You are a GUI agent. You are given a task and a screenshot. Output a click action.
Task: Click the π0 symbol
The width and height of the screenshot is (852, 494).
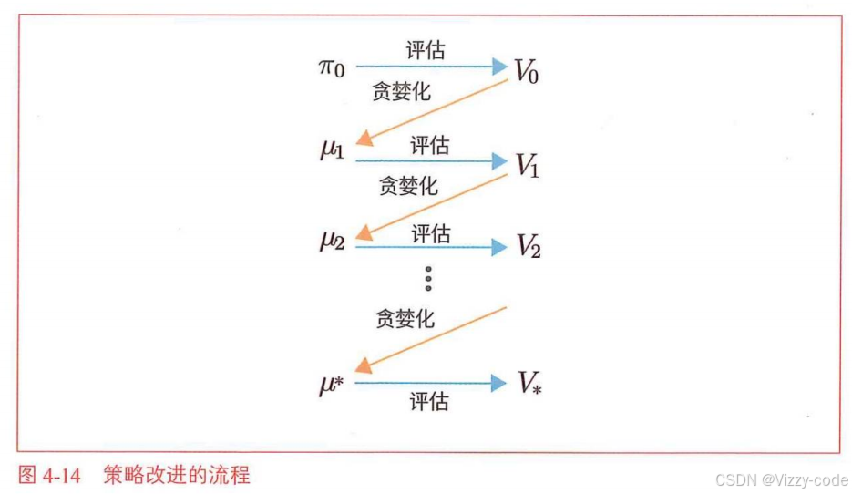pyautogui.click(x=332, y=68)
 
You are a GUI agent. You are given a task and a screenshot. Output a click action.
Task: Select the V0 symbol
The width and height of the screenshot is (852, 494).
pyautogui.click(x=527, y=72)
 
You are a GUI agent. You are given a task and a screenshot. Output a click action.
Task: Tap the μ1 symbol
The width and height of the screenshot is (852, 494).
pyautogui.click(x=332, y=150)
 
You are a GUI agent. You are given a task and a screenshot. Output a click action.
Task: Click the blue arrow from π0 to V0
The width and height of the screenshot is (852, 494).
pyautogui.click(x=430, y=67)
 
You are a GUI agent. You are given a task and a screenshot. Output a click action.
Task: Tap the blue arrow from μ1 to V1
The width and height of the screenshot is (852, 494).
pyautogui.click(x=430, y=161)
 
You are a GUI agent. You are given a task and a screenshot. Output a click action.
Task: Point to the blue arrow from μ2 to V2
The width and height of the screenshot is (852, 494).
pyautogui.click(x=430, y=246)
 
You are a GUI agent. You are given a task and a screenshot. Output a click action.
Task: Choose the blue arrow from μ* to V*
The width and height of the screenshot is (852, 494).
pyautogui.click(x=430, y=383)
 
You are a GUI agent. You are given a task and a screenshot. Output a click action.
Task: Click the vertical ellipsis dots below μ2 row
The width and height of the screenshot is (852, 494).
pyautogui.click(x=427, y=277)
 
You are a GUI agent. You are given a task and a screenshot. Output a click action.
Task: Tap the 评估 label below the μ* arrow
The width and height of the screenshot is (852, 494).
pyautogui.click(x=429, y=402)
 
